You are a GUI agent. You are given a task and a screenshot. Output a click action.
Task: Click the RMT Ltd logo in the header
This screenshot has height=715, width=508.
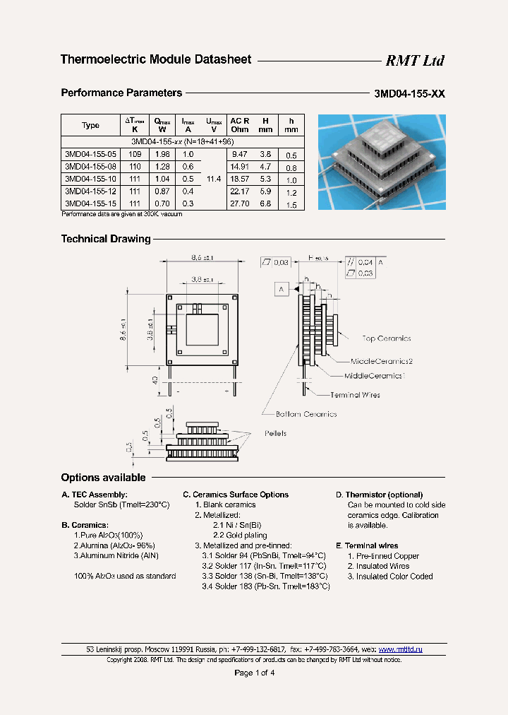(x=414, y=61)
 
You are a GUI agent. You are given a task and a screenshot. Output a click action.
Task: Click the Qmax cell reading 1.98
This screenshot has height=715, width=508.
(x=162, y=153)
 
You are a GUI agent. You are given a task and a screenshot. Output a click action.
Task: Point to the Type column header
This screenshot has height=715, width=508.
(x=90, y=125)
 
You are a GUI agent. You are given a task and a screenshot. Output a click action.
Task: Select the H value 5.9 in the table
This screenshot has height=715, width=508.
(x=265, y=191)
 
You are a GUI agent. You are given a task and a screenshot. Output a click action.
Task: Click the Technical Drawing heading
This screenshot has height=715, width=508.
(x=106, y=239)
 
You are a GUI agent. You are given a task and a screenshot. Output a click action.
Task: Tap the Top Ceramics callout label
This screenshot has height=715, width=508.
(x=386, y=339)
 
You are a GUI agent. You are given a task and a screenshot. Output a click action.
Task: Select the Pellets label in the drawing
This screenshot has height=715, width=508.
(x=276, y=433)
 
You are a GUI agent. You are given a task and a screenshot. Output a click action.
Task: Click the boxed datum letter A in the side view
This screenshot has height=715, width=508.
(x=281, y=289)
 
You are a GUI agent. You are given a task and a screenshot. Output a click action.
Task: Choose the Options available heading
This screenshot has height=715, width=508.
(x=103, y=478)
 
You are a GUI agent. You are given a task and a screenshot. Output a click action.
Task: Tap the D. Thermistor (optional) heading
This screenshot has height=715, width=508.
(x=379, y=495)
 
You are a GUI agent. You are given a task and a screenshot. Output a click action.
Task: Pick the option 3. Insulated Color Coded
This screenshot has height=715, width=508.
(x=390, y=577)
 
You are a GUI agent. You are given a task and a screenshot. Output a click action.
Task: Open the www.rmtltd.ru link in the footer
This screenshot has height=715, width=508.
(x=400, y=649)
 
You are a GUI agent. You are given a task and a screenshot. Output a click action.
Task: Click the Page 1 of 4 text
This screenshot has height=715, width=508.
(x=254, y=673)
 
